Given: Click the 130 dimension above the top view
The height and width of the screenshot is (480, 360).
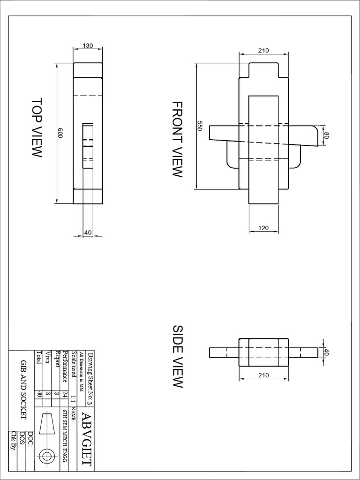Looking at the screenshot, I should pyautogui.click(x=88, y=45).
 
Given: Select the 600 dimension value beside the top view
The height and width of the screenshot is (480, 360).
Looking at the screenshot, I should pyautogui.click(x=60, y=133).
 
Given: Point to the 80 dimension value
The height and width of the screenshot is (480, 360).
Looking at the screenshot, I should pyautogui.click(x=327, y=135).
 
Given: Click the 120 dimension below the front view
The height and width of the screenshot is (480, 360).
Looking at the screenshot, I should pyautogui.click(x=263, y=228).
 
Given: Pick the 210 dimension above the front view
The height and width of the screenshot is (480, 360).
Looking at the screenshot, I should pyautogui.click(x=263, y=51).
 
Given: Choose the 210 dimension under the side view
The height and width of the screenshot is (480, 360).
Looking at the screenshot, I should pyautogui.click(x=263, y=375).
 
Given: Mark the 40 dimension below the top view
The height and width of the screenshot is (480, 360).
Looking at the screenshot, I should pyautogui.click(x=88, y=232).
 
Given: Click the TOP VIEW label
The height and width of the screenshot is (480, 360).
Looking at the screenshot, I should pyautogui.click(x=37, y=127).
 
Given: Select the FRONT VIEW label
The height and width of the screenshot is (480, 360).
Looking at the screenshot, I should pyautogui.click(x=176, y=139).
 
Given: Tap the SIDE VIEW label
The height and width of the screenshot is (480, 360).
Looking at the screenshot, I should pyautogui.click(x=176, y=356).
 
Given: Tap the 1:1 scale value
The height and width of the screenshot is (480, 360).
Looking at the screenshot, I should pyautogui.click(x=73, y=398).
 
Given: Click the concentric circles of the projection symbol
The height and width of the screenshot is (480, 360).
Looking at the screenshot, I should pyautogui.click(x=47, y=456).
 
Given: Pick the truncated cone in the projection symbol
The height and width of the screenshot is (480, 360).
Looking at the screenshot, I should pyautogui.click(x=47, y=423).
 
